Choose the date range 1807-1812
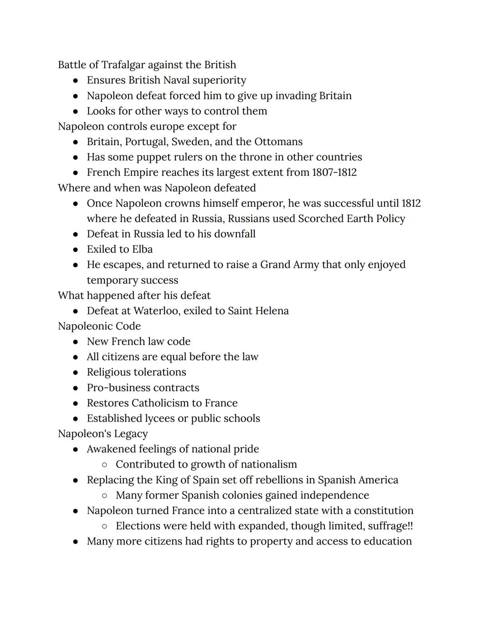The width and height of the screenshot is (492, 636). tap(334, 173)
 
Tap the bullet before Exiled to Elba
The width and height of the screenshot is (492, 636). tap(76, 249)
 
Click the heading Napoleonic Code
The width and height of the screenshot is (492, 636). tap(99, 326)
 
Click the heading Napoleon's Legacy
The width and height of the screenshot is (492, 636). tap(103, 434)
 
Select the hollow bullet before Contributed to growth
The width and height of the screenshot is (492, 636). tap(105, 465)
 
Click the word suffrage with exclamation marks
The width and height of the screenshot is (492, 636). tap(390, 526)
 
